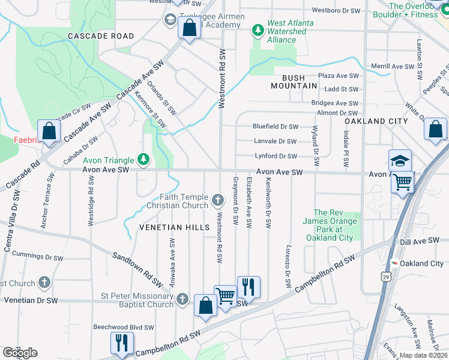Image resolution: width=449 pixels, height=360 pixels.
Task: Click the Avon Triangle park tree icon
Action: [x=143, y=159]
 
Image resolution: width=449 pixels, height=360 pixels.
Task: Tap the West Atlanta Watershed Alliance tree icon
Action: [x=258, y=29]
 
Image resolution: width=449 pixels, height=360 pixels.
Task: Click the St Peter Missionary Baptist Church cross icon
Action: [x=183, y=299]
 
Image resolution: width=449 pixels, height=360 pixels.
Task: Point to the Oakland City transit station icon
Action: [x=395, y=263]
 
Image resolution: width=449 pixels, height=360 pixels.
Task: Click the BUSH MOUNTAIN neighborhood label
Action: [x=294, y=82]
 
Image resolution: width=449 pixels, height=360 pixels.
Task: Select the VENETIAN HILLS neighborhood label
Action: [x=175, y=227]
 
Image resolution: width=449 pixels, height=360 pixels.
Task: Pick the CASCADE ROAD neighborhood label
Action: [x=101, y=36]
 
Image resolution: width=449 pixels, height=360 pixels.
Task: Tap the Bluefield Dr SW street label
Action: [x=276, y=127]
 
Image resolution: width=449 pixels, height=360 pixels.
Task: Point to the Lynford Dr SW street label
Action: [x=276, y=156]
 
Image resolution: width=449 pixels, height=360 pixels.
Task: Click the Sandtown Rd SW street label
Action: [x=137, y=269]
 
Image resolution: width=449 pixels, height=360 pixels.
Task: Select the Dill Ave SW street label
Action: [x=420, y=241]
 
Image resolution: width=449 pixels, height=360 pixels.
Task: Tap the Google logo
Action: [x=20, y=353]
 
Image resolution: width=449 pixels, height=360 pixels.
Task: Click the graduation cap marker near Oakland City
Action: [x=400, y=161]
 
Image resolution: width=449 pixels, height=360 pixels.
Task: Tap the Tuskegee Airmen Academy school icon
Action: [x=170, y=20]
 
